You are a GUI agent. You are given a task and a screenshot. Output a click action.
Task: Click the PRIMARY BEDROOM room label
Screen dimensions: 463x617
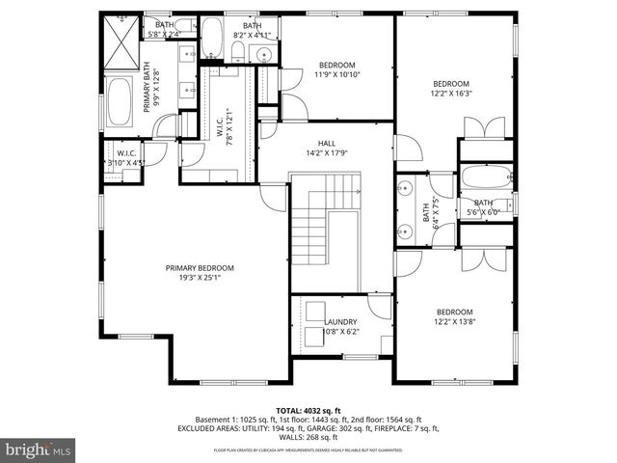click(x=200, y=268)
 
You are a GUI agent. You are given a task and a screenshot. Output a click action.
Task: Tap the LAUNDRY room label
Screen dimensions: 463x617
click(x=340, y=322)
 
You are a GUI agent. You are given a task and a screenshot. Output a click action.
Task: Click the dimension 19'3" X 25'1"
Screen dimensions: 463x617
click(x=200, y=278)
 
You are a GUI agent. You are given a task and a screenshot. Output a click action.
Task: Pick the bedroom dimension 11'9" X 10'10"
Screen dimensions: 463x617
click(x=336, y=74)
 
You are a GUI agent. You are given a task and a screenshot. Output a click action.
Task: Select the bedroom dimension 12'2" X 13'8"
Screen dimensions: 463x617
click(x=454, y=321)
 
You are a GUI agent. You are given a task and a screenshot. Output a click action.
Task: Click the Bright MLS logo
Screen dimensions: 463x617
click(x=39, y=449)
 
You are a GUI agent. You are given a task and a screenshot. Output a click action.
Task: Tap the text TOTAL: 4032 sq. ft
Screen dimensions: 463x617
click(x=308, y=410)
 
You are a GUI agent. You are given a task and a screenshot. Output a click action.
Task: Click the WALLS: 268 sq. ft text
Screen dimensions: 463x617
click(x=308, y=436)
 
